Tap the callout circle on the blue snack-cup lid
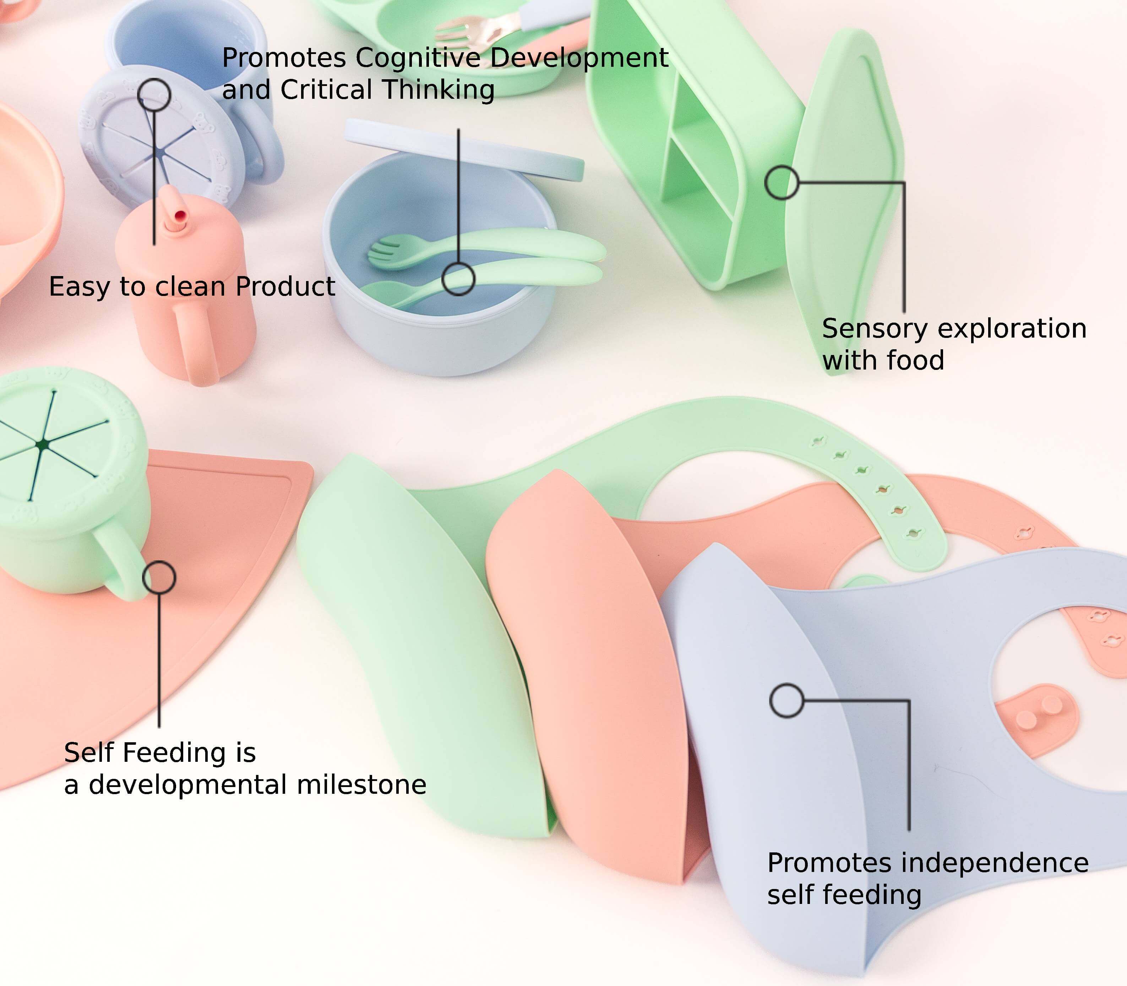coord(154,95)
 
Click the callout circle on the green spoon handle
coord(458,279)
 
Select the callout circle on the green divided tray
coord(781,182)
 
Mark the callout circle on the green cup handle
coord(159,577)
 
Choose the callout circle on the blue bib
coord(787,700)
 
